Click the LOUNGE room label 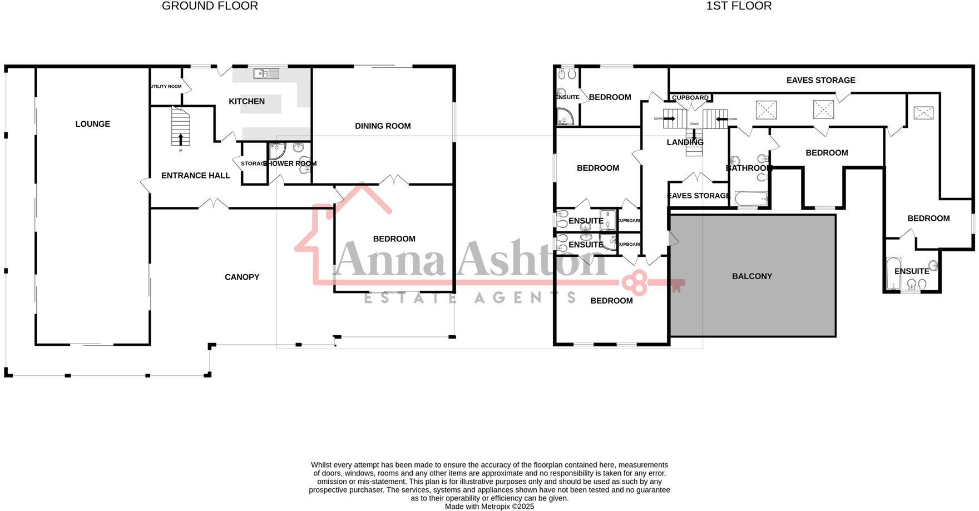93,124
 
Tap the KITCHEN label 246,101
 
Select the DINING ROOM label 383,126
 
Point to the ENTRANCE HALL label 195,176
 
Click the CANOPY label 242,277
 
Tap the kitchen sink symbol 266,73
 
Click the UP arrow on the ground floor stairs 180,138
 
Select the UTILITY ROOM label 166,87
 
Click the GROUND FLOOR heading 210,6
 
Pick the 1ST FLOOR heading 739,6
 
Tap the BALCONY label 752,276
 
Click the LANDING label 685,142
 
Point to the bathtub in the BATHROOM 751,199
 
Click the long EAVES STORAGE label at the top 820,80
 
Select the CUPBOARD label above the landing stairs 690,98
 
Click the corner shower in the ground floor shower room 276,151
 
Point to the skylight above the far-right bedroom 923,113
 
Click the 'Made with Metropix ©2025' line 489,507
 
